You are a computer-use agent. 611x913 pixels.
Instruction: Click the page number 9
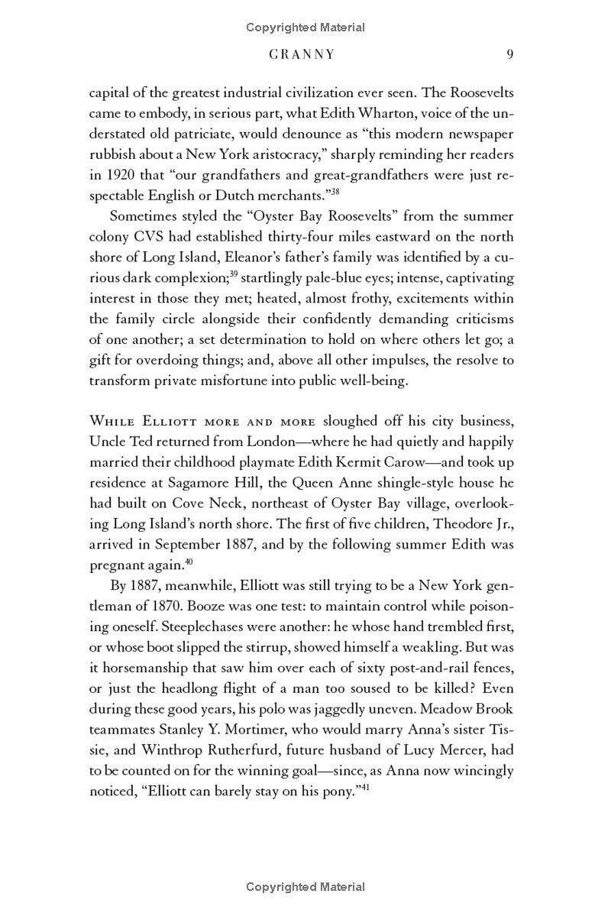(x=509, y=54)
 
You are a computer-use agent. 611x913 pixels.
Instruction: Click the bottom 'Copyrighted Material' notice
(x=305, y=887)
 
